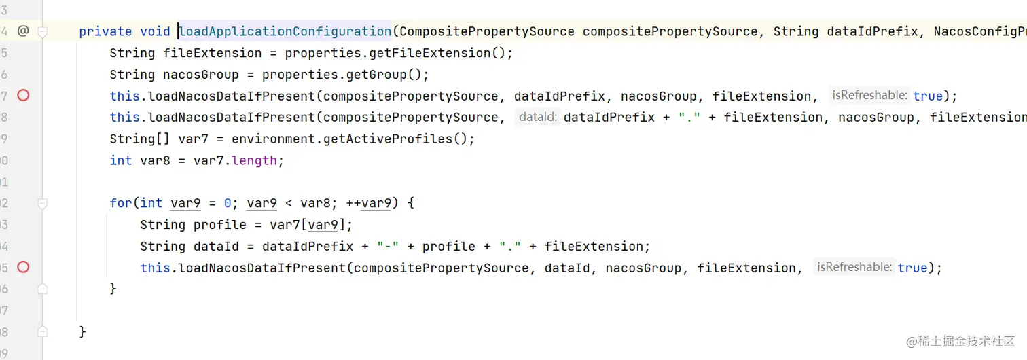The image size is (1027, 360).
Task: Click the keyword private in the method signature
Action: tap(105, 31)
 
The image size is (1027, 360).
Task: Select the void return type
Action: tap(155, 31)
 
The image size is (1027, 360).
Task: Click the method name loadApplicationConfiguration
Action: tap(285, 31)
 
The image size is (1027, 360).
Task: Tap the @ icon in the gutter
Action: tap(22, 31)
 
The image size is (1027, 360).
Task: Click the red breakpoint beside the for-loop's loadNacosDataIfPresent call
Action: tap(23, 267)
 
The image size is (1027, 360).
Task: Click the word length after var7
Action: tap(254, 160)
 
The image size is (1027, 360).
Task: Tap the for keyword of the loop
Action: tap(121, 203)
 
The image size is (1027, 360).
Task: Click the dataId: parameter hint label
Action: tap(538, 117)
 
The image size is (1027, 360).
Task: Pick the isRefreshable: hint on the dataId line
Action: tap(854, 267)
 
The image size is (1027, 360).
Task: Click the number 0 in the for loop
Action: tap(228, 203)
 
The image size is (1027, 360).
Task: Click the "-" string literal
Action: tap(387, 246)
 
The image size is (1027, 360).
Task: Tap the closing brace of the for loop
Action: tap(113, 289)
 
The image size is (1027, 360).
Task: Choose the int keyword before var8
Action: tap(121, 160)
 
